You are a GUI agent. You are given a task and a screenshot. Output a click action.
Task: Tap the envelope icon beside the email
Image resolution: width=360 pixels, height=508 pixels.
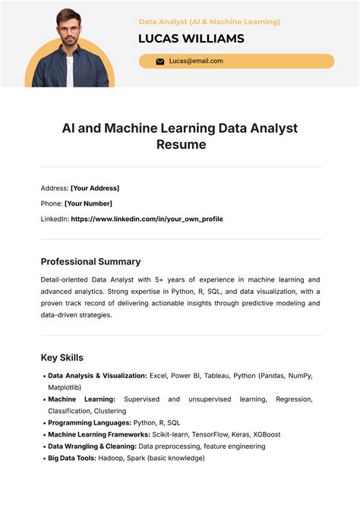(x=160, y=62)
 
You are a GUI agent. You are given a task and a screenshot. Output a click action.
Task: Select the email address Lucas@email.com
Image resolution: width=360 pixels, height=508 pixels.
(x=196, y=62)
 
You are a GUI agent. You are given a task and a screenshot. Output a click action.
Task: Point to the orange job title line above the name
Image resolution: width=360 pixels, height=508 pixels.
(x=210, y=22)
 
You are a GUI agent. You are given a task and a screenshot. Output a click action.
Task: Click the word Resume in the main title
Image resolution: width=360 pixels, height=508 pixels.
(x=181, y=144)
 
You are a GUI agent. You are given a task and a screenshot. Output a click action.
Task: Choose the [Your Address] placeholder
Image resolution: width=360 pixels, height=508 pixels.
(x=95, y=188)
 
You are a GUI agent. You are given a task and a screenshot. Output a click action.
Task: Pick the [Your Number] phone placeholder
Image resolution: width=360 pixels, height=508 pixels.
(x=88, y=204)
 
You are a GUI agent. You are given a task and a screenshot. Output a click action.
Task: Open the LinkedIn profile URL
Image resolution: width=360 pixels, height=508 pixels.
(x=147, y=219)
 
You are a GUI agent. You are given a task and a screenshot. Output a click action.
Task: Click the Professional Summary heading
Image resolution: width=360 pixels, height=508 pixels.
(x=90, y=261)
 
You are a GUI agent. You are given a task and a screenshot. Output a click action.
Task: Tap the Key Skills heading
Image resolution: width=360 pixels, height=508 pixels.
(x=62, y=357)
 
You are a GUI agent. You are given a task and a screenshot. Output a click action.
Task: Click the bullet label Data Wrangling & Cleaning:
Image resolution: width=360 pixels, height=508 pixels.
(x=93, y=446)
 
